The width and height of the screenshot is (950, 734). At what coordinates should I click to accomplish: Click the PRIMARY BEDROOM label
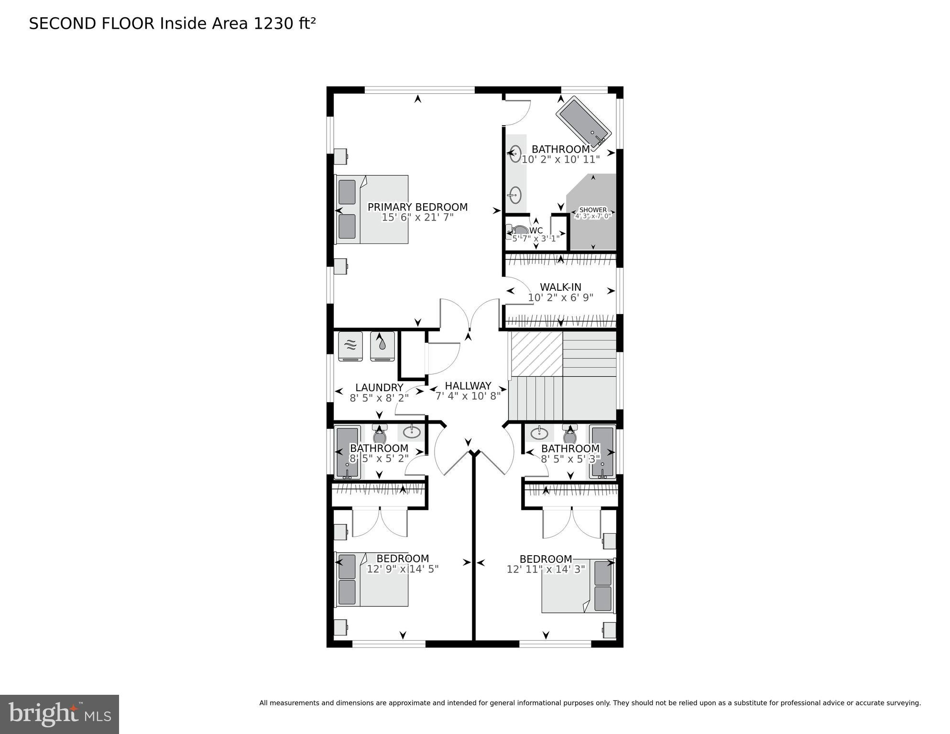(417, 207)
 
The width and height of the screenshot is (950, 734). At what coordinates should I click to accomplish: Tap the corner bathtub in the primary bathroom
(583, 122)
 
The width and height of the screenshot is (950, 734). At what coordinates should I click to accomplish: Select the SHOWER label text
(593, 210)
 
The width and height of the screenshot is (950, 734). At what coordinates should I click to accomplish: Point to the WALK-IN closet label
(560, 287)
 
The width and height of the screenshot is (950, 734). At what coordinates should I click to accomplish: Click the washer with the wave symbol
(350, 346)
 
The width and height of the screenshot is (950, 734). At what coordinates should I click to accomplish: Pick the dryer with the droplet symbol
(382, 346)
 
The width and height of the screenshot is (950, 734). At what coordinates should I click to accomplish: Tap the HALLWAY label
(468, 385)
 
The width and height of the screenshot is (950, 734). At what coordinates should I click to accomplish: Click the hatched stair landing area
(536, 354)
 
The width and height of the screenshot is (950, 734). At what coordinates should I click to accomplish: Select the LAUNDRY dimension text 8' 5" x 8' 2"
(379, 398)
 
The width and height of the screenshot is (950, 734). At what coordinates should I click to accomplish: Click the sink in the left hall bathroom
(412, 432)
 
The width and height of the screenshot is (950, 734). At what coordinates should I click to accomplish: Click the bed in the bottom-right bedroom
(578, 586)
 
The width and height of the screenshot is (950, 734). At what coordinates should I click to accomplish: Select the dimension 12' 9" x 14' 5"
(402, 569)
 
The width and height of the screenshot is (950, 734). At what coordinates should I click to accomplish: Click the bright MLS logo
(59, 714)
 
